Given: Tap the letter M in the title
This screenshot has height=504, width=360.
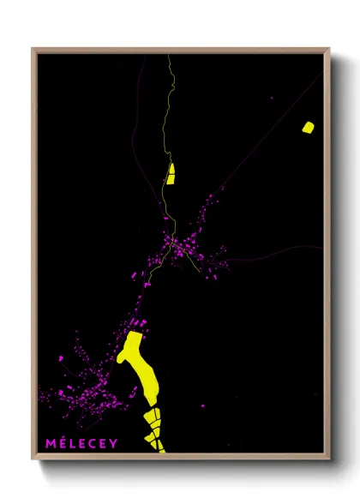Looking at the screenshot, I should pyautogui.click(x=50, y=443).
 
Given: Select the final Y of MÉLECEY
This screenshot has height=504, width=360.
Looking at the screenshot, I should pyautogui.click(x=113, y=443).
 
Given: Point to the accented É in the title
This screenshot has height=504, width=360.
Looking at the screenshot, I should pyautogui.click(x=61, y=442).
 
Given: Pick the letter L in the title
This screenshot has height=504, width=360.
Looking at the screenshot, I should pyautogui.click(x=71, y=443).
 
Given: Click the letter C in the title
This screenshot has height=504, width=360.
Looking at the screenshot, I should pyautogui.click(x=93, y=443).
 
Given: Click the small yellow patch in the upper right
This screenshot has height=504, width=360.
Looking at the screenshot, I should pyautogui.click(x=308, y=128).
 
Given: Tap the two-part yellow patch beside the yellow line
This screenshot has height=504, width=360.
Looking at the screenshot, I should pyautogui.click(x=171, y=174).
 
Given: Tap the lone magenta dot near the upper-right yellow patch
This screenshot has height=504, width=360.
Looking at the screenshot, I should pyautogui.click(x=273, y=99).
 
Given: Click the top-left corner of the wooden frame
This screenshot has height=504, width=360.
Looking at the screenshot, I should pyautogui.click(x=33, y=50).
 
